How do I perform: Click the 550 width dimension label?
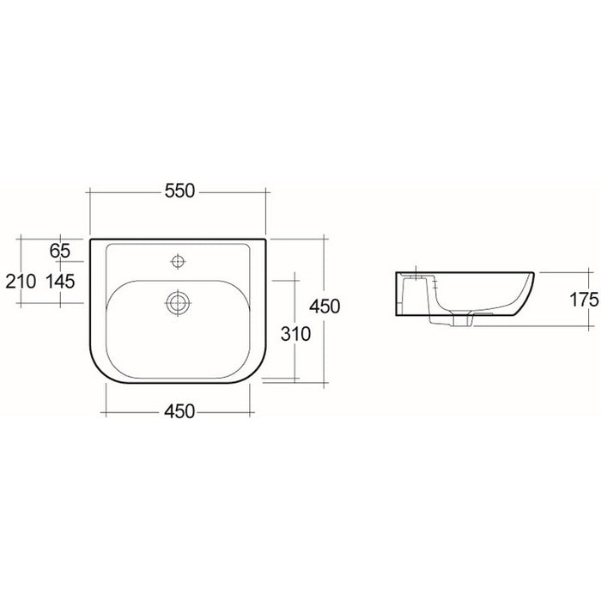(x=179, y=191)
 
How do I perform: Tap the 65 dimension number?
(x=60, y=251)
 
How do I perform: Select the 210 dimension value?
(x=21, y=282)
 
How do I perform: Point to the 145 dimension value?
(x=61, y=282)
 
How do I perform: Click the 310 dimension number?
(x=295, y=334)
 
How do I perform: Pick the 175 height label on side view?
(x=584, y=300)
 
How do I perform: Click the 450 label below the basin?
(x=179, y=411)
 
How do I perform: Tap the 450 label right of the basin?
(x=325, y=307)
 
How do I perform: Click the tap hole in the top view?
(x=178, y=261)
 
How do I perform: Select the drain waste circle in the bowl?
(x=178, y=303)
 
